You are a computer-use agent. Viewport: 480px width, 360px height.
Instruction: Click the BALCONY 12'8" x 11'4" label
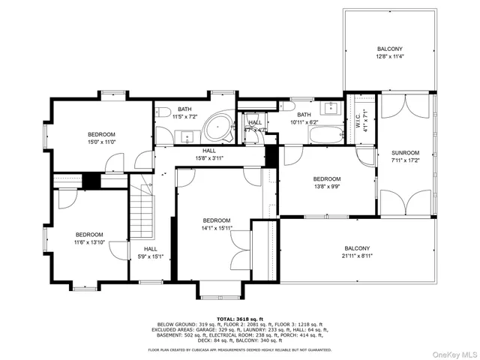(x=389, y=52)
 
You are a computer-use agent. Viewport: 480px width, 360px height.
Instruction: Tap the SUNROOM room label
(x=405, y=155)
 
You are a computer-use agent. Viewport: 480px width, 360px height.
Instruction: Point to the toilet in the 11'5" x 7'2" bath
(x=162, y=112)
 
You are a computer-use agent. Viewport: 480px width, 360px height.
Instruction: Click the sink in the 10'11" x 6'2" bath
(x=331, y=106)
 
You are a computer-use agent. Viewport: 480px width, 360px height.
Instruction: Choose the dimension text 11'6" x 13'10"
(x=88, y=242)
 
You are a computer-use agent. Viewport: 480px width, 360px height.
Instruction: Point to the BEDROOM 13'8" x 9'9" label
(x=327, y=183)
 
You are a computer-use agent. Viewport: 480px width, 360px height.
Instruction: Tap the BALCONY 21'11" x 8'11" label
(x=357, y=253)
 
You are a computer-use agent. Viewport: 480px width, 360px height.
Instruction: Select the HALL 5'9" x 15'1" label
(x=151, y=253)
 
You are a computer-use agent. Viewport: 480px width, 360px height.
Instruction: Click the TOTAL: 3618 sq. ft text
(x=239, y=319)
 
